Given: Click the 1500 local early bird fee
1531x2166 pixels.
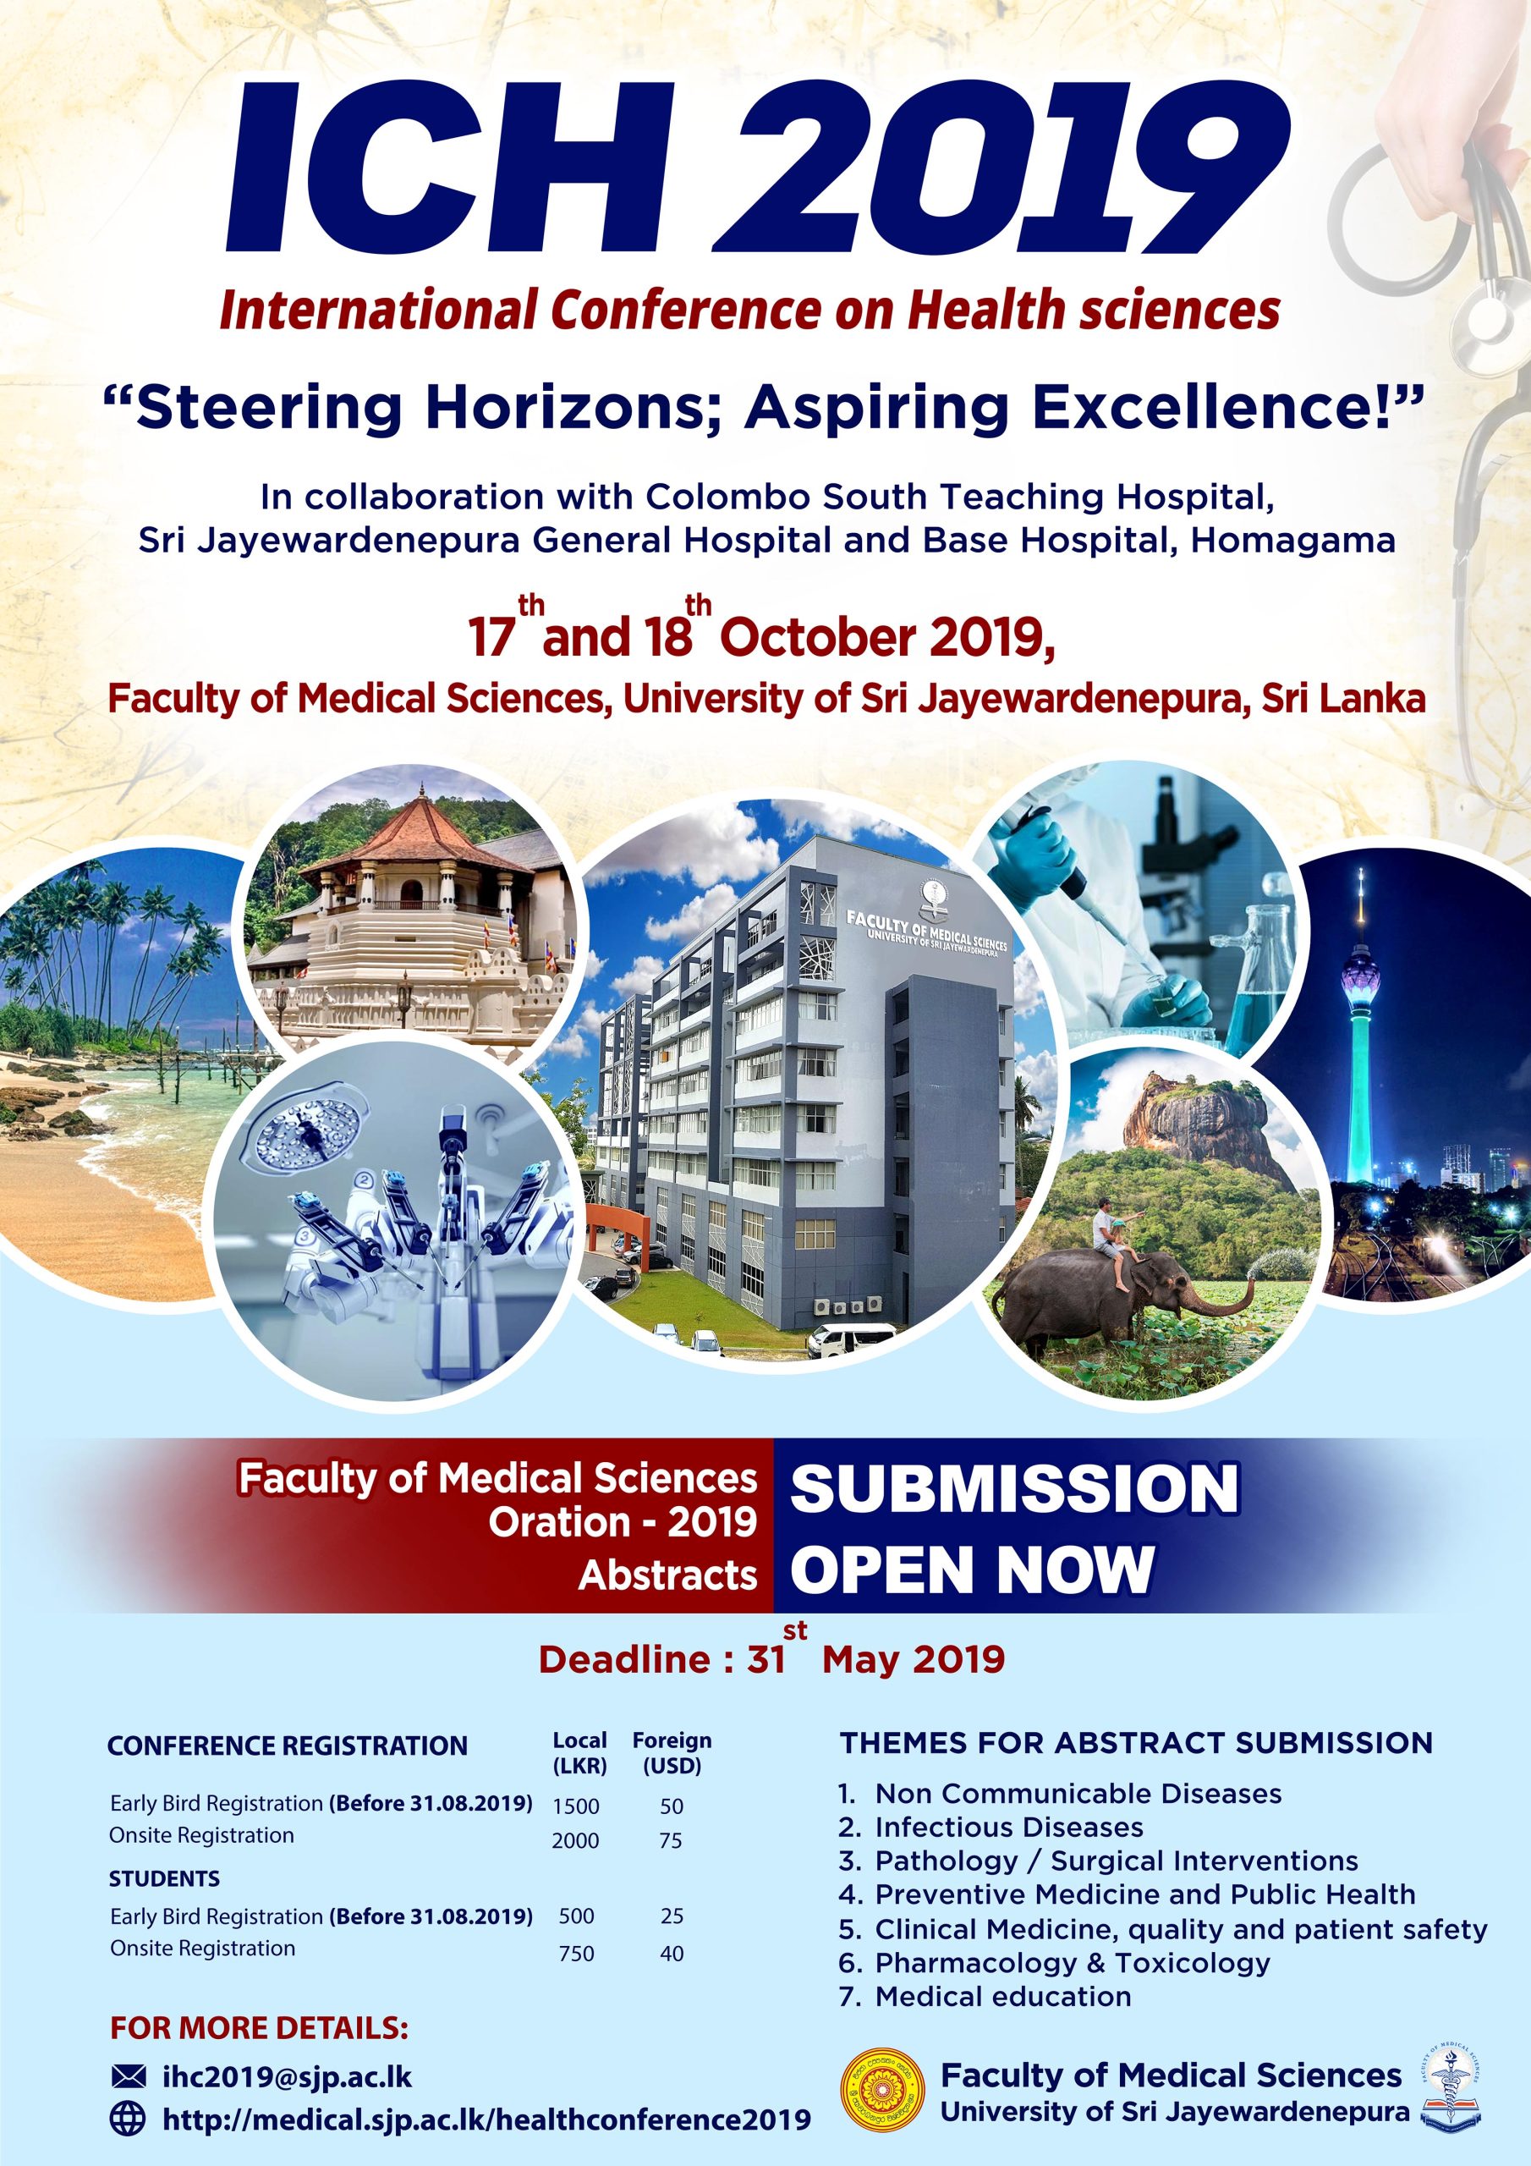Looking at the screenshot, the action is point(575,1806).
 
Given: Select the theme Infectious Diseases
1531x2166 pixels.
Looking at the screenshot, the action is point(1008,1827).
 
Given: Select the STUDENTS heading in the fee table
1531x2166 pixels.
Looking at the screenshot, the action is point(164,1878).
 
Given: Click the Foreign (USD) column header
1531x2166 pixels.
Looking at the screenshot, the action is point(672,1753).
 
